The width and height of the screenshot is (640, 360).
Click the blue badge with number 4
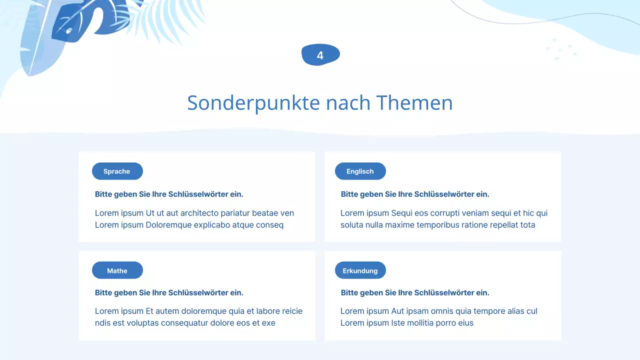coord(320,55)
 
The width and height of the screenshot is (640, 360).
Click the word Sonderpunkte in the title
coord(253,103)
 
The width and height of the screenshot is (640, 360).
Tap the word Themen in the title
coord(414,103)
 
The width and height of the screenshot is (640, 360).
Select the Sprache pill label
coord(117,171)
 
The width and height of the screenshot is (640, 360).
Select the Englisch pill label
coord(360,171)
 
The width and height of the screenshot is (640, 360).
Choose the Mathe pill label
coord(117,271)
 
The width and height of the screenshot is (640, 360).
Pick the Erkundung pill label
coord(360,271)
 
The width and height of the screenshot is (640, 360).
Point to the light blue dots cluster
coord(561,49)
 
